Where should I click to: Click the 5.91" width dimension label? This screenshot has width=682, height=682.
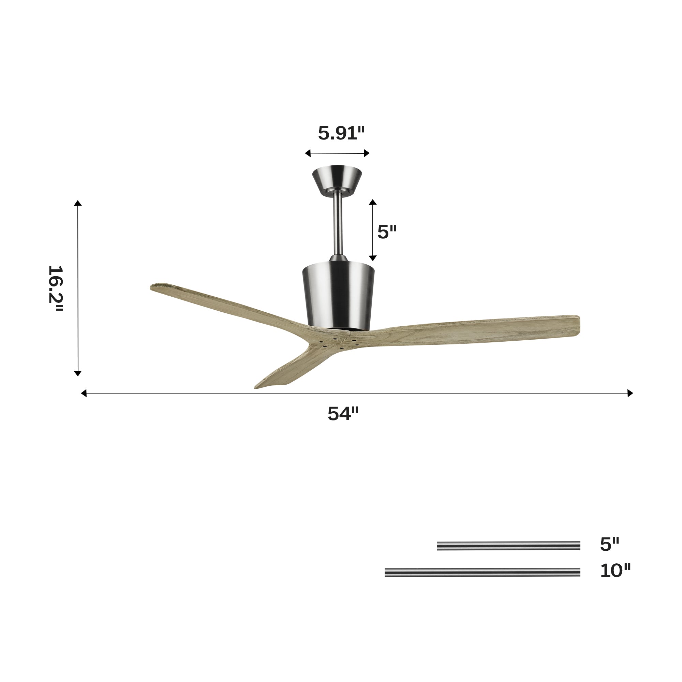[x=341, y=133]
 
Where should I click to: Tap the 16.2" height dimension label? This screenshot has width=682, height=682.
[x=56, y=288]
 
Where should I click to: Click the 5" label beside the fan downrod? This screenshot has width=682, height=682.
[x=387, y=232]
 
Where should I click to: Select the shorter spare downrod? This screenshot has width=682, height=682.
[x=508, y=546]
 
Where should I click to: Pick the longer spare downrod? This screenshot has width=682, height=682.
[x=482, y=572]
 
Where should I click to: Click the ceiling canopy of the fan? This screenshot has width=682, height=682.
[x=337, y=179]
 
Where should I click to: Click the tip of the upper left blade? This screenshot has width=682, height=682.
[x=155, y=286]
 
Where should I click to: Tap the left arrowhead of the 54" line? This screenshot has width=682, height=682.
[x=84, y=393]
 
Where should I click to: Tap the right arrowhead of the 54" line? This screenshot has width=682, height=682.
[x=630, y=393]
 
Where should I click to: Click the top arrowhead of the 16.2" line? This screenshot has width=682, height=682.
[x=78, y=203]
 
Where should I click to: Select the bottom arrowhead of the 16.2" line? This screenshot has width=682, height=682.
[x=78, y=373]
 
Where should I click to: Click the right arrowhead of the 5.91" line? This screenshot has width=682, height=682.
[x=367, y=153]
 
